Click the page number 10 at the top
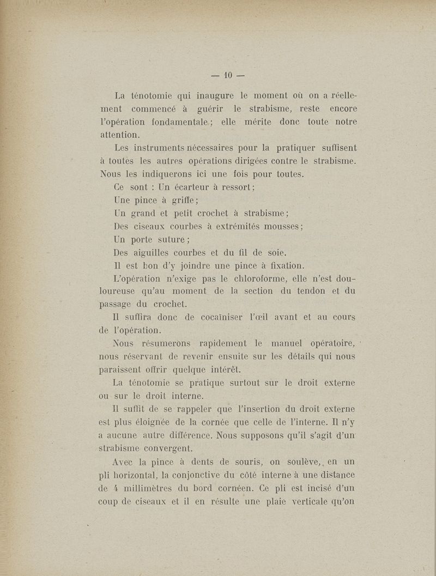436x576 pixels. [x=228, y=74]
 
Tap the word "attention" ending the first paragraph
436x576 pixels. [x=119, y=134]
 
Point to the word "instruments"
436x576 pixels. [x=153, y=148]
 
